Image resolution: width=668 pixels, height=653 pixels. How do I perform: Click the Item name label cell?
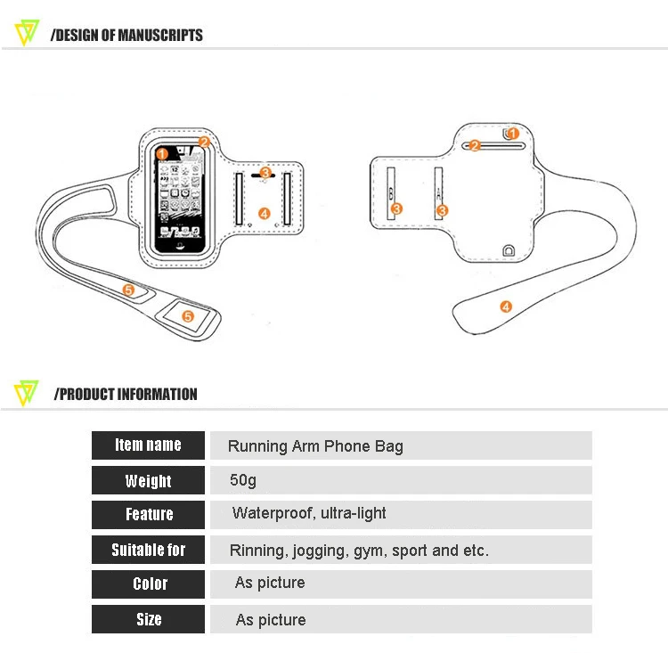pos(148,445)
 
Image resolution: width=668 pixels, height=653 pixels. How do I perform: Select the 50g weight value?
pos(243,480)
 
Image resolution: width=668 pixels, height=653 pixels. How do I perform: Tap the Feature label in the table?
pos(149,515)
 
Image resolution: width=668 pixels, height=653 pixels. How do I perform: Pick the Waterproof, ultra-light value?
pos(309,513)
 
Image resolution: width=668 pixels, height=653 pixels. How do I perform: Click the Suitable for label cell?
pos(148,550)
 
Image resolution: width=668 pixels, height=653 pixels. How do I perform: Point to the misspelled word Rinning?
pos(256,551)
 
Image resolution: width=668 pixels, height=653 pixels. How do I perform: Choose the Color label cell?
pos(149,584)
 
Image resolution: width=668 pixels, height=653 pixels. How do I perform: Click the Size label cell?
pos(149,619)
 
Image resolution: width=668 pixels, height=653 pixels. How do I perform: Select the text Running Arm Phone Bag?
pos(315,446)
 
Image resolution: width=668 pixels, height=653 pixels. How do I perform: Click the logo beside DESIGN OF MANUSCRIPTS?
pos(28,34)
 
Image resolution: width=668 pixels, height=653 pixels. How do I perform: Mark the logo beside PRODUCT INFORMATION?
pos(28,393)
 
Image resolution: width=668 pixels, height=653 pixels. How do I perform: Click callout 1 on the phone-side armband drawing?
pos(161,153)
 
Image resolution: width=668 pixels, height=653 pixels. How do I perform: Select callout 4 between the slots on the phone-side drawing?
pos(264,213)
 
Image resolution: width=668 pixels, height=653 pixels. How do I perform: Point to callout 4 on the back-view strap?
pos(506,307)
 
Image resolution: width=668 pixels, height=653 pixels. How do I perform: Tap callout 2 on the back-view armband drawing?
pos(475,145)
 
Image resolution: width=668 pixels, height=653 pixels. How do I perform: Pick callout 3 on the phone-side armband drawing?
pos(265,173)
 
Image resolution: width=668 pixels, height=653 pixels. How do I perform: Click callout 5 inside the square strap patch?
pos(188,315)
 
